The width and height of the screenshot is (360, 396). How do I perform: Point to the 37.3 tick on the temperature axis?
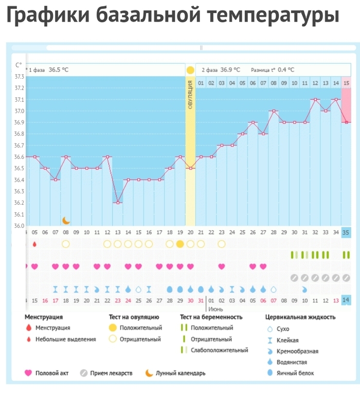click(20, 77)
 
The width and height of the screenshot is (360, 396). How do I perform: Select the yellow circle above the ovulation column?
click(190, 70)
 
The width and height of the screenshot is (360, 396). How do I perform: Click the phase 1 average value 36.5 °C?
click(59, 70)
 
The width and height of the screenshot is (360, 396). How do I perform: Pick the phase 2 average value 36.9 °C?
click(230, 70)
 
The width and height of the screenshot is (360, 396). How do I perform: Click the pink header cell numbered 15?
click(347, 83)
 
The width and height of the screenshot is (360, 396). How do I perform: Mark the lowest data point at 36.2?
click(118, 203)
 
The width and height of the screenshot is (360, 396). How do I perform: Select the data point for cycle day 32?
click(315, 99)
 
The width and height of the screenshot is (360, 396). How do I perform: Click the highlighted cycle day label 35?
click(346, 232)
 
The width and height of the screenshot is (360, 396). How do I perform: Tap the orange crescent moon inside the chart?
click(66, 220)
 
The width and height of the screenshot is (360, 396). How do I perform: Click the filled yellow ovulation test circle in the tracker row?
click(180, 244)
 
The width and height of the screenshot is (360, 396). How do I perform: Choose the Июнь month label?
click(215, 309)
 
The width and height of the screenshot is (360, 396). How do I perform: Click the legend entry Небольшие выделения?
click(65, 339)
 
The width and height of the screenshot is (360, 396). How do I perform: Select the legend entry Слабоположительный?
click(219, 350)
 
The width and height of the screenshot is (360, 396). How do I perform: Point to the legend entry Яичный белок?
click(296, 373)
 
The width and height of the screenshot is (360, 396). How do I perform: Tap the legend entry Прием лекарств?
click(111, 373)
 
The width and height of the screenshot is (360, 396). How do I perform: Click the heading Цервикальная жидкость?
click(300, 317)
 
